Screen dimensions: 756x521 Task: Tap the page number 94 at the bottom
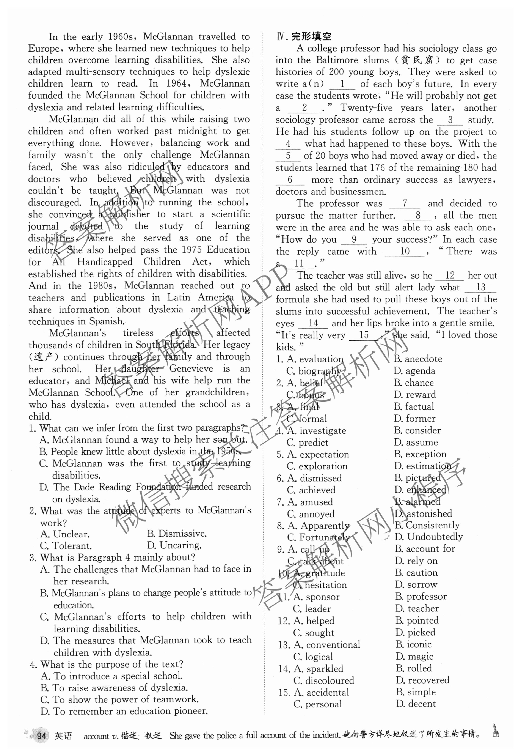coord(41,736)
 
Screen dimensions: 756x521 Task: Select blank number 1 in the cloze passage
coord(342,84)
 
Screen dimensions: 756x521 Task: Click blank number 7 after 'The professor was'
coord(405,203)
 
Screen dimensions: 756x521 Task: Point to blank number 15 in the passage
coord(364,335)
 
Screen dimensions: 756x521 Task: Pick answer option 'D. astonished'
coord(423,513)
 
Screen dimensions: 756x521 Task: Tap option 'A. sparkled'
coord(319,668)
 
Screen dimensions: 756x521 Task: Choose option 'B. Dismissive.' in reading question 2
coord(177,534)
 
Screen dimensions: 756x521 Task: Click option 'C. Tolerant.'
coord(66,546)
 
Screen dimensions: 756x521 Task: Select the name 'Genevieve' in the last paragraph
coord(191,369)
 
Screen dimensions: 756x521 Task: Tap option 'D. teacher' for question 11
coord(417,608)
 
